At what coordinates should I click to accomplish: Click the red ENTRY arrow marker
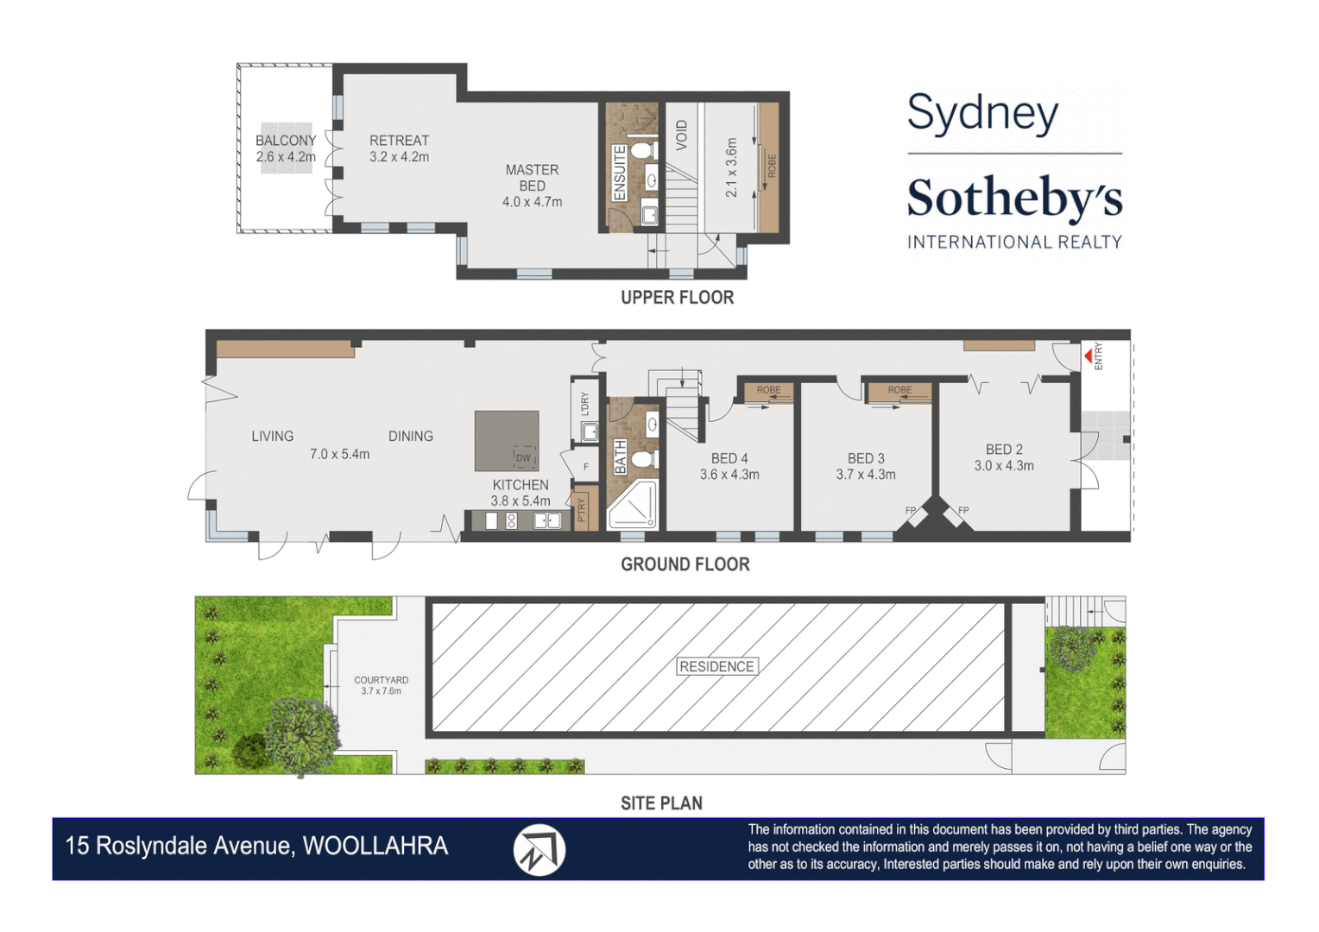[x=1088, y=356]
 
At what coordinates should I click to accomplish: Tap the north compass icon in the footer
[x=539, y=850]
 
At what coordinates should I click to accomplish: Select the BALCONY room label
[x=286, y=141]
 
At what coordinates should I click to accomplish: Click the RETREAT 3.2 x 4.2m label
[x=399, y=148]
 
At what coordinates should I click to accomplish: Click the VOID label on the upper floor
[x=682, y=135]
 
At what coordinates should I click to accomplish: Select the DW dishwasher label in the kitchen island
[x=523, y=457]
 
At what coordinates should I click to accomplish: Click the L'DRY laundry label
[x=584, y=404]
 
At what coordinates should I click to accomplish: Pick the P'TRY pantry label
[x=582, y=510]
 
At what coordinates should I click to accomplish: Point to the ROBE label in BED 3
[x=899, y=390]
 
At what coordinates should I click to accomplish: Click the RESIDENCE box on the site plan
[x=716, y=666]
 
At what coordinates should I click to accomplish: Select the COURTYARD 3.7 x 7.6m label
[x=381, y=685]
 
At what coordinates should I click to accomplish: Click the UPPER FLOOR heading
[x=677, y=298]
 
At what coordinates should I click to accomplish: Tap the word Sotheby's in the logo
[x=1014, y=198]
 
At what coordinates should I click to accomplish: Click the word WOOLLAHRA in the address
[x=376, y=846]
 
